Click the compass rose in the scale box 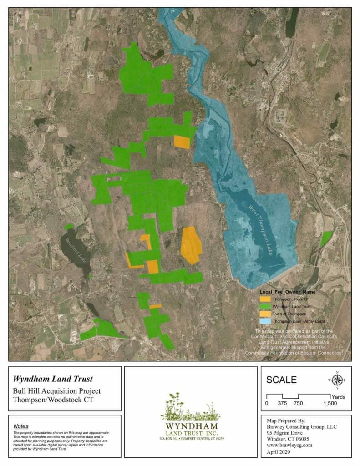(x=337, y=380)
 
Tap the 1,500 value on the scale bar (x=330, y=404)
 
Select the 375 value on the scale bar (x=283, y=404)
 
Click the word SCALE (x=281, y=380)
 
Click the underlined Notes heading (x=21, y=425)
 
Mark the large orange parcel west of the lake (x=191, y=245)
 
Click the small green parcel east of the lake (x=326, y=238)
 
